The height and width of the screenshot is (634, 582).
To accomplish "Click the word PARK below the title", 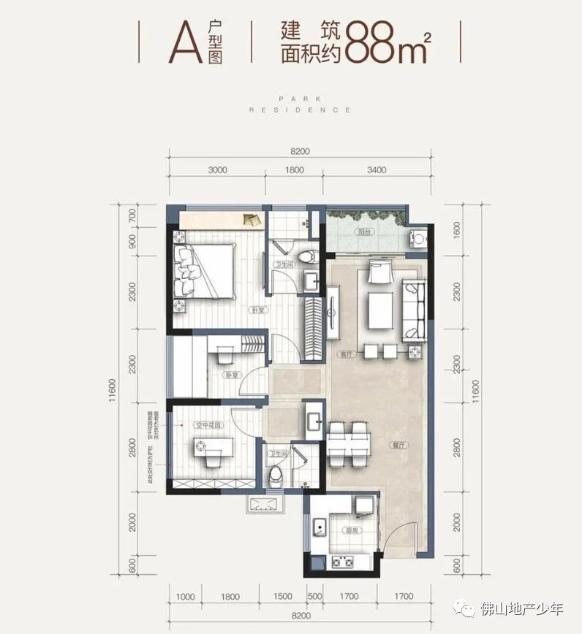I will tap(300, 96).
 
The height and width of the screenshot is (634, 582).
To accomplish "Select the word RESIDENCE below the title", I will tap(300, 110).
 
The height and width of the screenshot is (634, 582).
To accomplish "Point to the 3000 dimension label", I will tap(217, 170).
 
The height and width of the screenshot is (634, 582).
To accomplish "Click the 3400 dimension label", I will tap(377, 170).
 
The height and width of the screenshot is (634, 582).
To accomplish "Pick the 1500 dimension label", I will tap(283, 597).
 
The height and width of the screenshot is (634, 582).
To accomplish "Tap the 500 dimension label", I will tap(315, 597).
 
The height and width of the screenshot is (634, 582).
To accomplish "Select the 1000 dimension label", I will tap(186, 597).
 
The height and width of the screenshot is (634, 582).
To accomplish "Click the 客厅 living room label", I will tap(345, 354).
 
